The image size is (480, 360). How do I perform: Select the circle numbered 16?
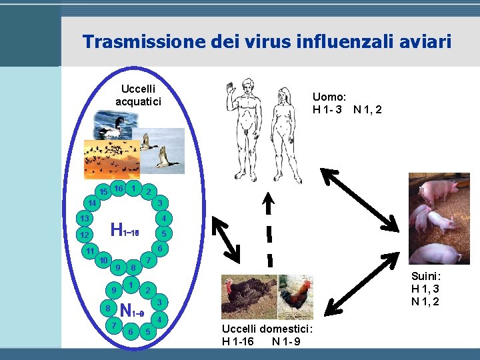[119, 189]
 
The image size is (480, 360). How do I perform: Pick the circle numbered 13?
[84, 219]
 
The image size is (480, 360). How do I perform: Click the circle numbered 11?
[89, 251]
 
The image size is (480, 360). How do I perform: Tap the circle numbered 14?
[92, 202]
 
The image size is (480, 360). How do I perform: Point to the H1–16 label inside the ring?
[125, 231]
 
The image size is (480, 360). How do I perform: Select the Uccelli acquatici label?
[138, 95]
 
